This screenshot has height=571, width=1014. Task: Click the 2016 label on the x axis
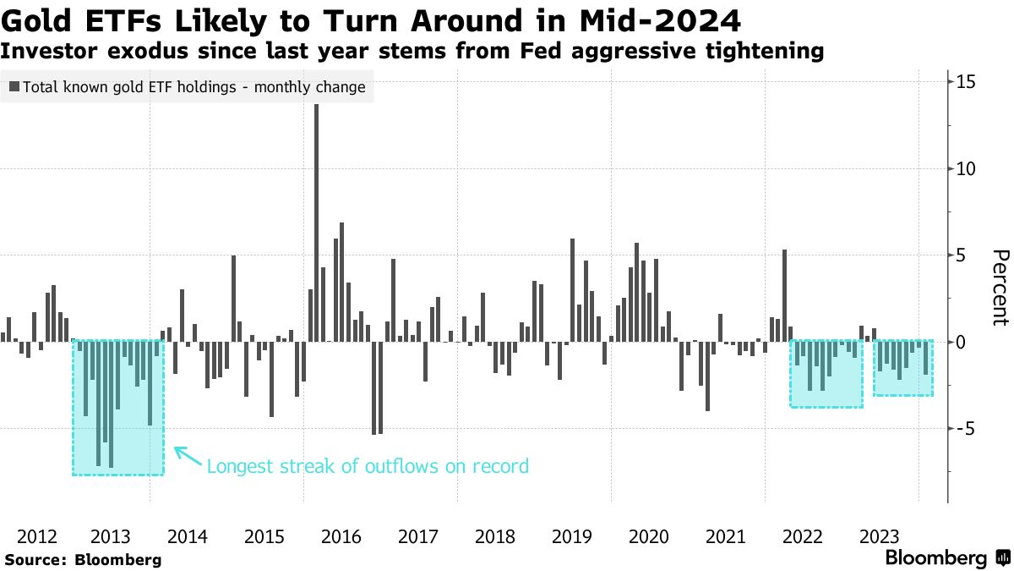[x=341, y=536]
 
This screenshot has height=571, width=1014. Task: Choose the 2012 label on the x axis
[x=36, y=536]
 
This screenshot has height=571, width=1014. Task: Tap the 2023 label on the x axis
[x=879, y=536]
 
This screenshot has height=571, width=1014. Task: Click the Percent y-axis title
[x=1000, y=288]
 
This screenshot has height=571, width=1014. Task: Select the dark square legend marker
[x=14, y=86]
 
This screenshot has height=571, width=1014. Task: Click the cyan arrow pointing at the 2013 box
[x=188, y=457]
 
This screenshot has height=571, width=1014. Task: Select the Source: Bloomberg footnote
[x=83, y=559]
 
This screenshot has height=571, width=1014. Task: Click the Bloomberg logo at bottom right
[x=947, y=558]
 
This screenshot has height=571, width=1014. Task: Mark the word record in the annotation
[x=503, y=466]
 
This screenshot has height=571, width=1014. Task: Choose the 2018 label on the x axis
[x=494, y=536]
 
